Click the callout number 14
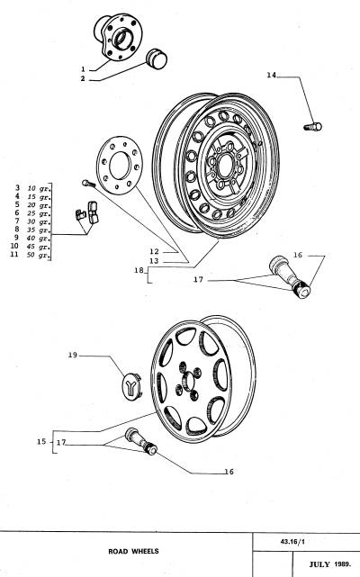point(271,76)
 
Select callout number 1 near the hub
point(83,68)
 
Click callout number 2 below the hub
point(83,78)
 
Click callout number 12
point(154,251)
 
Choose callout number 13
point(154,260)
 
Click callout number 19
point(73,356)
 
